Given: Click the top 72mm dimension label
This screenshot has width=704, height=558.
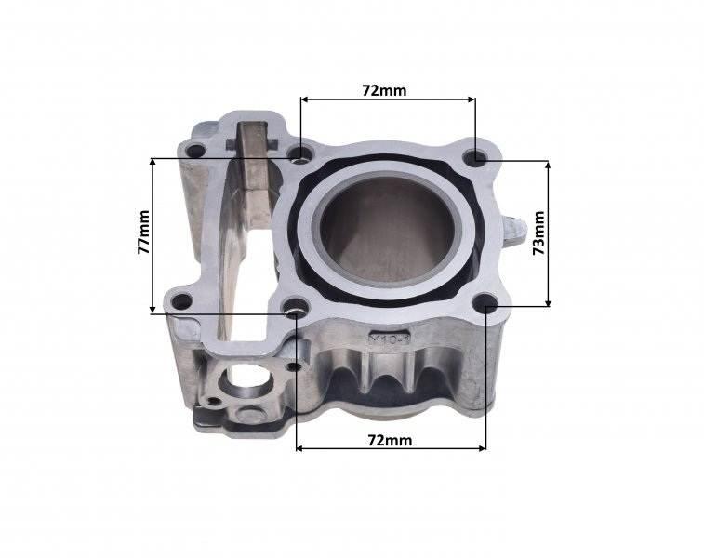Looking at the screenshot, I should pyautogui.click(x=384, y=90).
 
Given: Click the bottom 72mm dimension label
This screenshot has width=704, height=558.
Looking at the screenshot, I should pyautogui.click(x=388, y=438).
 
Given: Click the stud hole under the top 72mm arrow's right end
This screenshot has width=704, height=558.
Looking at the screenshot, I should pyautogui.click(x=475, y=155).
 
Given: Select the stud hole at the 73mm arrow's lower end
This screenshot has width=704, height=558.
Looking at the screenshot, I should pyautogui.click(x=486, y=303).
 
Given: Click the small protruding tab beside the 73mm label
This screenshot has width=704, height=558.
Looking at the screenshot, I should pyautogui.click(x=516, y=228).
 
